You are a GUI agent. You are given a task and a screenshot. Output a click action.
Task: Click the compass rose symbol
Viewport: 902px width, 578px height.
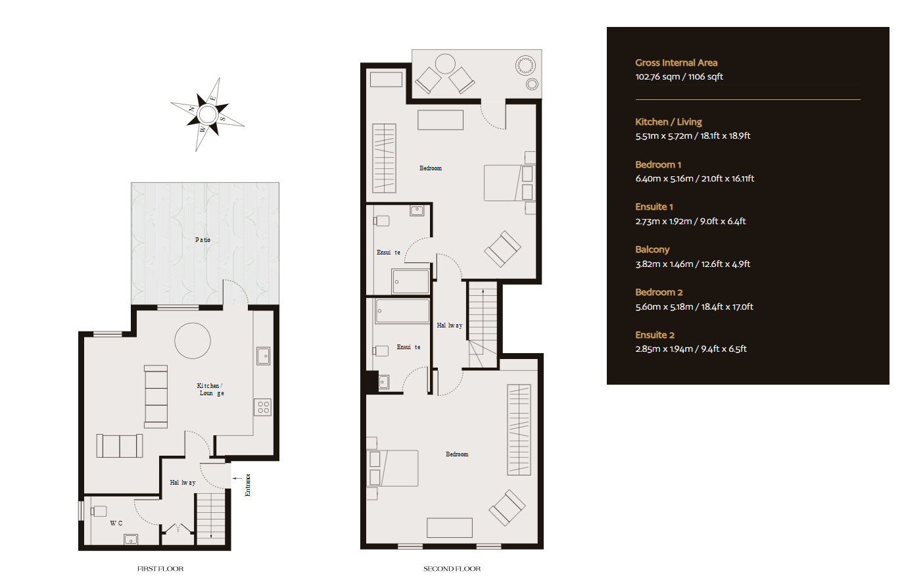[207, 114]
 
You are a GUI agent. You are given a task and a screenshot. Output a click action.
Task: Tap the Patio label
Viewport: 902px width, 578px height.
[203, 240]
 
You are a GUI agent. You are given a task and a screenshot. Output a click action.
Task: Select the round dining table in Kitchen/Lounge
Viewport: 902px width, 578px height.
[193, 341]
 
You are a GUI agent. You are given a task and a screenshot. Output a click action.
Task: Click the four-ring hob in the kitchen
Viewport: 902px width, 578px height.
[262, 407]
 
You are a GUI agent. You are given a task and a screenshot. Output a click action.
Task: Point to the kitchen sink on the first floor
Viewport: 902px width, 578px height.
[264, 356]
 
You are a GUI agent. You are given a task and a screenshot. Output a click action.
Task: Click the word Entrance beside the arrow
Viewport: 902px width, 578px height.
[248, 485]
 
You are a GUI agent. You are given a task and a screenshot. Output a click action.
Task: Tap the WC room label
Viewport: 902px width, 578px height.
[116, 523]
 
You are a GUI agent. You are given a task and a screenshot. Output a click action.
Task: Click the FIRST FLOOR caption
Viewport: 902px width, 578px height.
[160, 569]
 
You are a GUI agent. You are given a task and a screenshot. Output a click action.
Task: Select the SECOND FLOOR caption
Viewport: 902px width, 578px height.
[452, 569]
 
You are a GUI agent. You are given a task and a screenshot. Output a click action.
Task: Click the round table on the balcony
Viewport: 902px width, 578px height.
[445, 64]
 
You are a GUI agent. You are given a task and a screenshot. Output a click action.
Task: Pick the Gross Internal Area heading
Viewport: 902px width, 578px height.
[676, 63]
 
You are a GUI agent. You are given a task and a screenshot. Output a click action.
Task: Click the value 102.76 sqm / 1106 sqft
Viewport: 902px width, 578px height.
[679, 76]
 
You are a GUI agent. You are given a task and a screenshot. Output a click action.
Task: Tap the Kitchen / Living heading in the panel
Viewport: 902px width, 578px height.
[669, 122]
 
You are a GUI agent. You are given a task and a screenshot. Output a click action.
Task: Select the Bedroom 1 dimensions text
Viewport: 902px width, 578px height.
[695, 178]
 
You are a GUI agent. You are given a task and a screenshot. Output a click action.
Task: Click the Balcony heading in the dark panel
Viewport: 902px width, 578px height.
[652, 250]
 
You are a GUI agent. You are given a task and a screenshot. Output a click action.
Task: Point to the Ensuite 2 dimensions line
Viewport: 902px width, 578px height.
[691, 349]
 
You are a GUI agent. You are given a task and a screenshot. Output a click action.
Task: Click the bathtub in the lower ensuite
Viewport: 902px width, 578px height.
[402, 310]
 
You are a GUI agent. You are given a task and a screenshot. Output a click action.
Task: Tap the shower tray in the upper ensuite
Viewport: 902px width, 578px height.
[410, 281]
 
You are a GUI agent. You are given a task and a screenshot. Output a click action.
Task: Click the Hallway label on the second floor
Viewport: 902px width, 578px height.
[450, 325]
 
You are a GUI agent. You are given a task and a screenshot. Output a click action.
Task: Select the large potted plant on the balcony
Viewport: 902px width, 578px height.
[525, 65]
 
